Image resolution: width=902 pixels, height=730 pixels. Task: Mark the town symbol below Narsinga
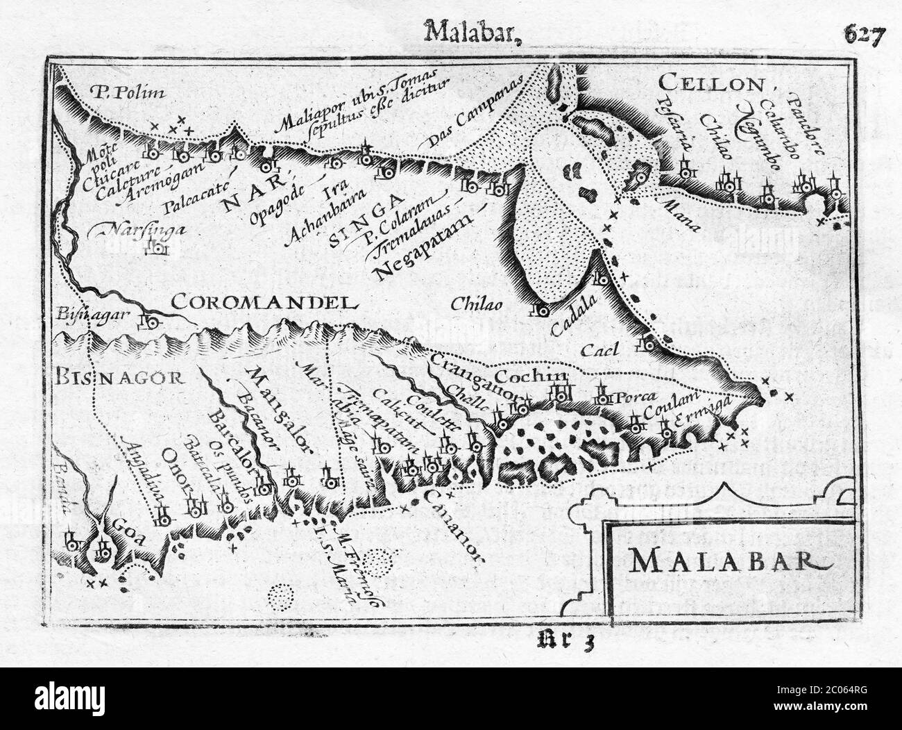(159, 247)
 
